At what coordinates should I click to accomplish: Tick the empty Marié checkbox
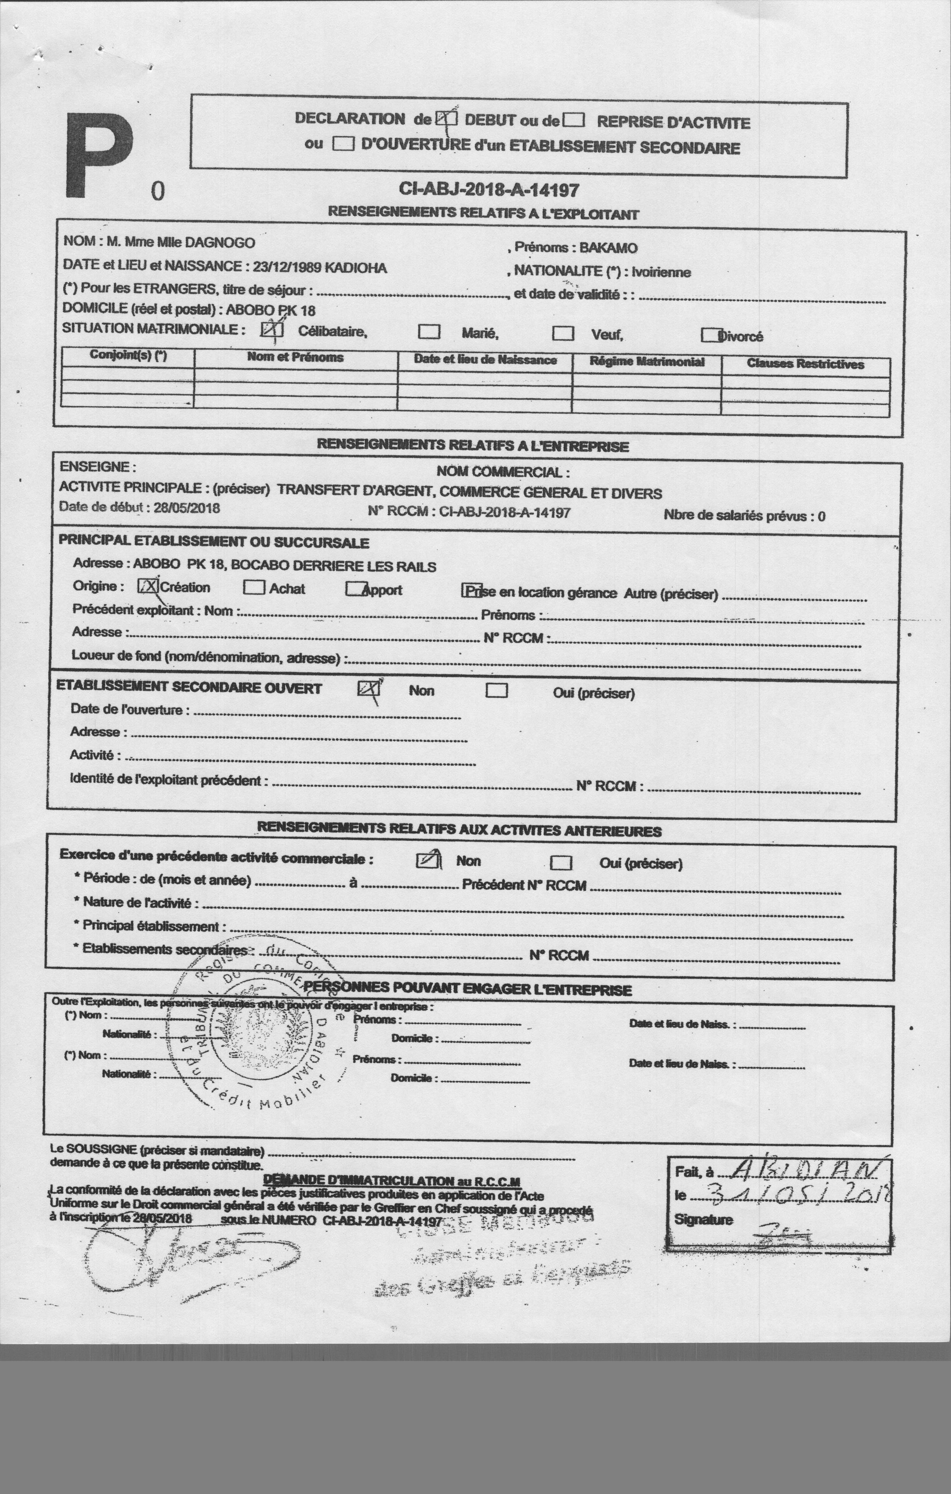click(x=429, y=332)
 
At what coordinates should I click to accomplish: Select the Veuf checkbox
click(x=563, y=334)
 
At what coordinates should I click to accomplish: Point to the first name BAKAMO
click(x=608, y=248)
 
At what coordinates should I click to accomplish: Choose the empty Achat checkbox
click(x=254, y=587)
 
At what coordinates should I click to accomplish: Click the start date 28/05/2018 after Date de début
click(x=187, y=508)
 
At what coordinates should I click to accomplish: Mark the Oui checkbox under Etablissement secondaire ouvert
click(x=497, y=690)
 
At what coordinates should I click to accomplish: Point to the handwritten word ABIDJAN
click(x=805, y=1170)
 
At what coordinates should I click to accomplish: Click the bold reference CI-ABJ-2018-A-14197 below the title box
click(x=490, y=190)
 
